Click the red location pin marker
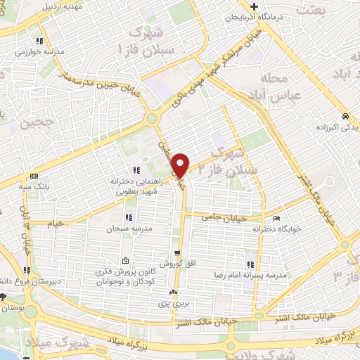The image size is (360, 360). point(182,165)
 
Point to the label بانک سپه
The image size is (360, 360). point(34,187)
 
